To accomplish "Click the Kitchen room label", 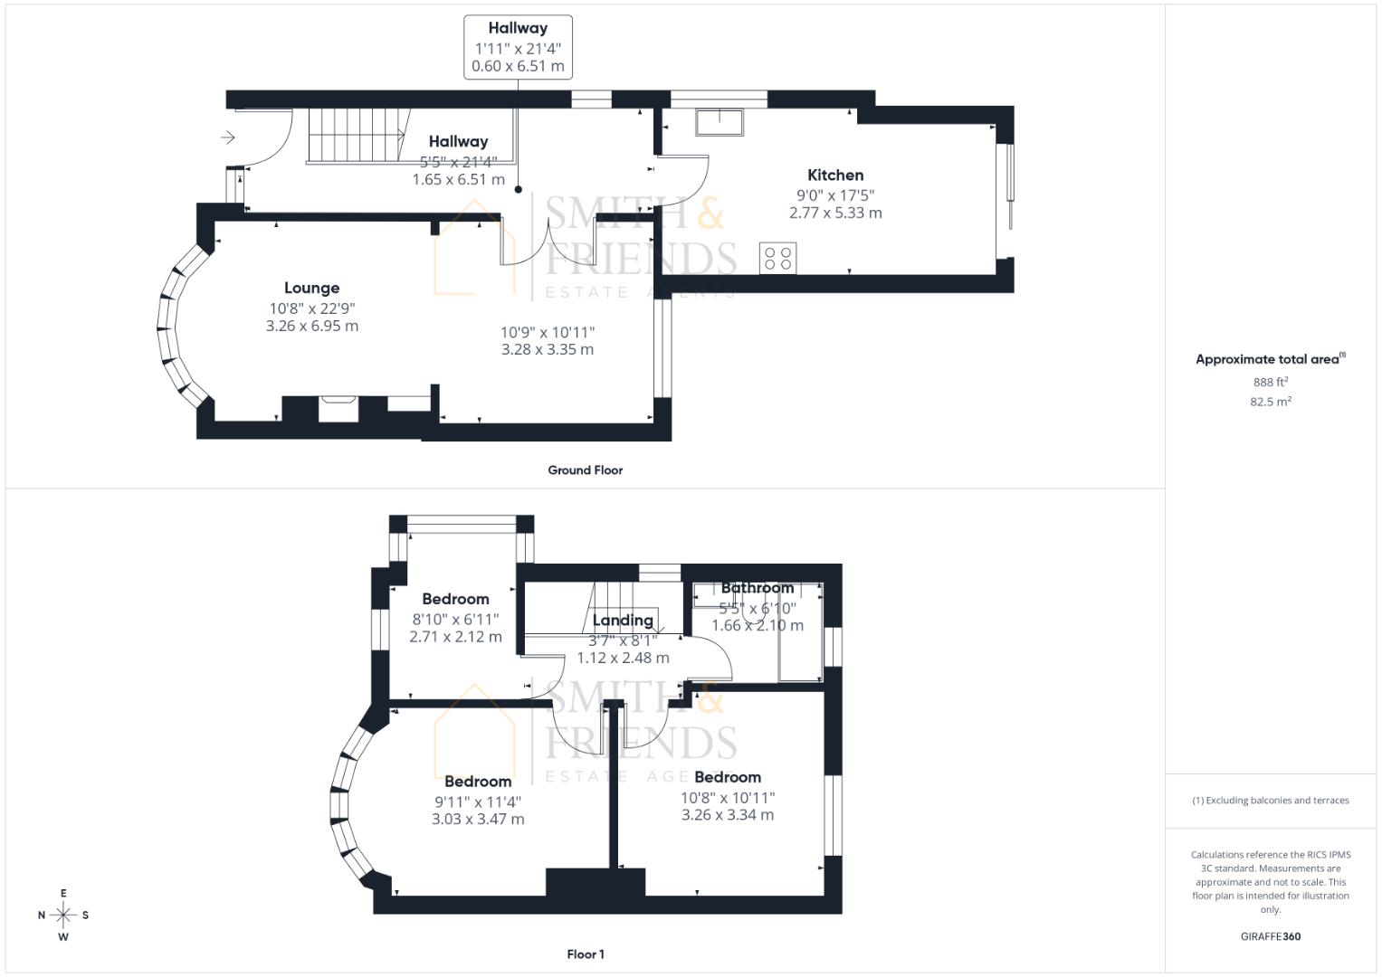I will tap(834, 175).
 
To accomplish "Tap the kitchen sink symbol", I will tap(719, 121).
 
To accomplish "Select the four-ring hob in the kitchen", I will tap(777, 259).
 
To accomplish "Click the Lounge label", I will tap(311, 288).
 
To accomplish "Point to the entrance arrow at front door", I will tap(228, 138).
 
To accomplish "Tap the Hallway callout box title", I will tap(518, 28).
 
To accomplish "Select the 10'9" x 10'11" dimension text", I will tap(548, 332).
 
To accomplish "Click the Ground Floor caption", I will tap(585, 470).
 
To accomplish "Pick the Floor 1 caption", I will tap(585, 954).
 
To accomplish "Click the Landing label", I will tap(623, 621).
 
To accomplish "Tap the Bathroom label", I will tap(757, 588).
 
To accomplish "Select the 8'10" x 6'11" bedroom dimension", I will tap(455, 619).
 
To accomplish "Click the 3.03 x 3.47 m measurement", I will tap(478, 820).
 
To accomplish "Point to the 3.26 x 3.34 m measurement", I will tap(727, 815).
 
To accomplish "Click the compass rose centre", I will tap(63, 915).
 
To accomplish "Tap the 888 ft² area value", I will tap(1270, 382).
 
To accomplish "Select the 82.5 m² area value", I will tap(1270, 402).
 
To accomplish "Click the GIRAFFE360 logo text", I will tap(1270, 936).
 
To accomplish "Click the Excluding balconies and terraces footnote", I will tap(1270, 801).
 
